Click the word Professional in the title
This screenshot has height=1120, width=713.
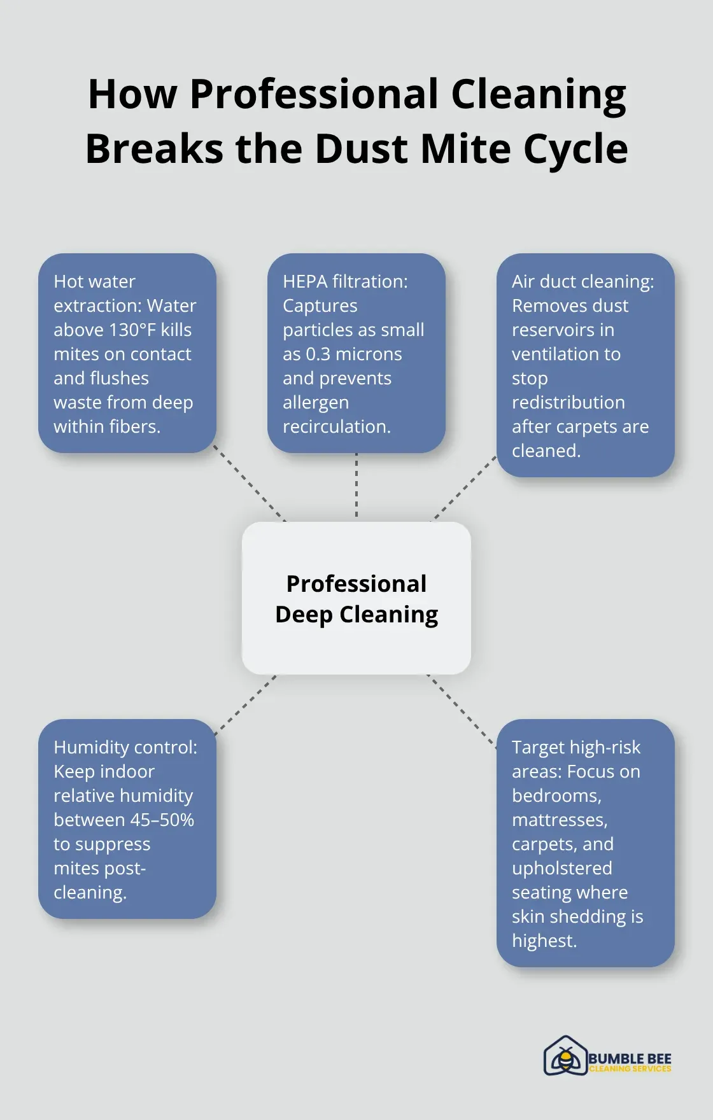pos(314,94)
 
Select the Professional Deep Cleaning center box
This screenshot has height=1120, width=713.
pos(356,598)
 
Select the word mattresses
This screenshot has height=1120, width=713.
pos(560,820)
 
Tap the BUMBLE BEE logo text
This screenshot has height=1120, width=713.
pos(630,1058)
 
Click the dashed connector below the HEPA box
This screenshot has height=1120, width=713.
pos(356,485)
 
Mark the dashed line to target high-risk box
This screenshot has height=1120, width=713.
pos(462,711)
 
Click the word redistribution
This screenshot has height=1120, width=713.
pos(568,402)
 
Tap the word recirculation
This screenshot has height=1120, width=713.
pos(337,426)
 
